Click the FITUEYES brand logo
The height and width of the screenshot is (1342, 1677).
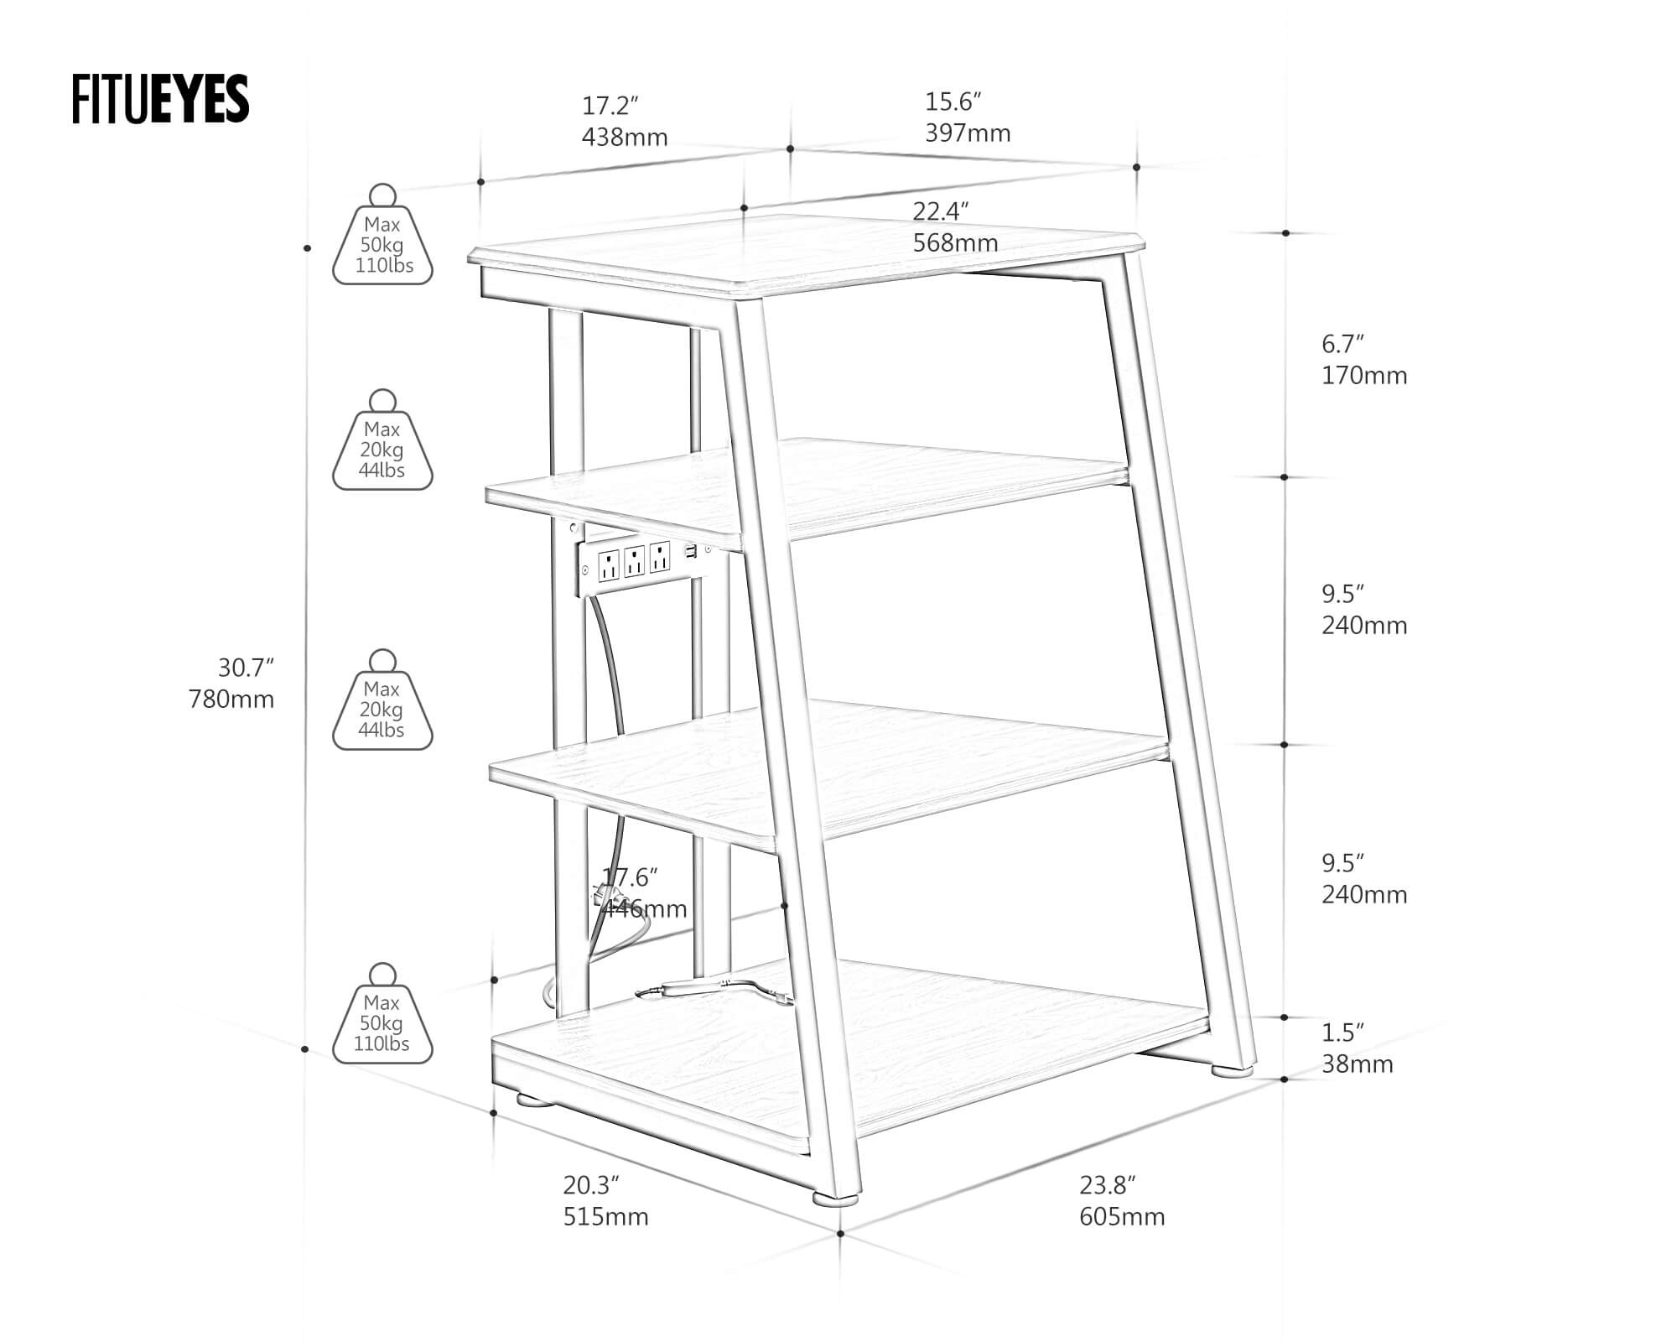click(160, 99)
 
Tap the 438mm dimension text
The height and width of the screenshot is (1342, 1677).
click(625, 137)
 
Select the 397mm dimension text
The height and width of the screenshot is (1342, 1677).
click(968, 133)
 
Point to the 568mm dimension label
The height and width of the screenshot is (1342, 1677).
click(955, 242)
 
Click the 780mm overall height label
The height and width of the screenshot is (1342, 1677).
click(231, 699)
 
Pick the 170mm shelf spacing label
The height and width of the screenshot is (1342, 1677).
click(1364, 375)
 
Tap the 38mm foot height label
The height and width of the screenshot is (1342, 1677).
click(1358, 1064)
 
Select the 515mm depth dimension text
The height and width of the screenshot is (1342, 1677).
click(605, 1216)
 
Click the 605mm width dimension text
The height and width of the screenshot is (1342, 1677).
click(1122, 1216)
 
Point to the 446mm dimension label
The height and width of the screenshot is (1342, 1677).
click(646, 908)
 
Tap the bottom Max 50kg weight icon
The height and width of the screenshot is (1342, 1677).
click(383, 1016)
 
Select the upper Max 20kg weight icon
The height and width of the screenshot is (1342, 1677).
click(383, 442)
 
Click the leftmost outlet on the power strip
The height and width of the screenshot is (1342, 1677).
click(609, 564)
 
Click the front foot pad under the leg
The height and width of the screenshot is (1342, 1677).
click(835, 1200)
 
